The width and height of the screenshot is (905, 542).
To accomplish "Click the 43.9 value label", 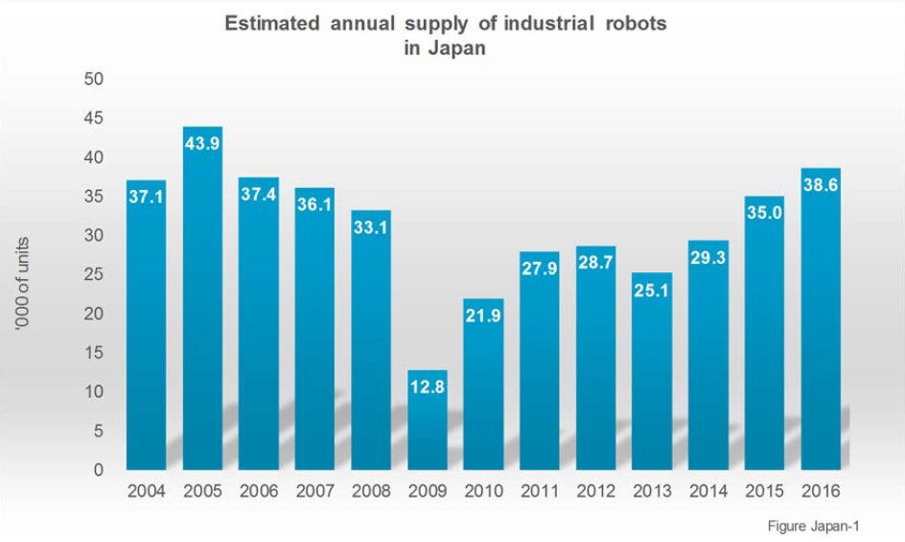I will (202, 143).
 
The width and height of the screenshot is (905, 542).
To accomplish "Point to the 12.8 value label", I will (427, 387).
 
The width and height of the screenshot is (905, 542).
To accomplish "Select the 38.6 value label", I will (820, 185).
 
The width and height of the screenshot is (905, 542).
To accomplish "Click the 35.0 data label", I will (764, 213).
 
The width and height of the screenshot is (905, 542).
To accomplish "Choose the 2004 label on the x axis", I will (146, 491).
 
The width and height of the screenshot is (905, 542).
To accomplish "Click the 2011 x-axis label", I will (539, 491).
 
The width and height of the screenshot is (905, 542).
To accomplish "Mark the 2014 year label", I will (708, 491).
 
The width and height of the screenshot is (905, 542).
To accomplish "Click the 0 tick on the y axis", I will (98, 471).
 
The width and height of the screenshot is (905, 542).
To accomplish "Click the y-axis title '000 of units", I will (21, 285).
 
